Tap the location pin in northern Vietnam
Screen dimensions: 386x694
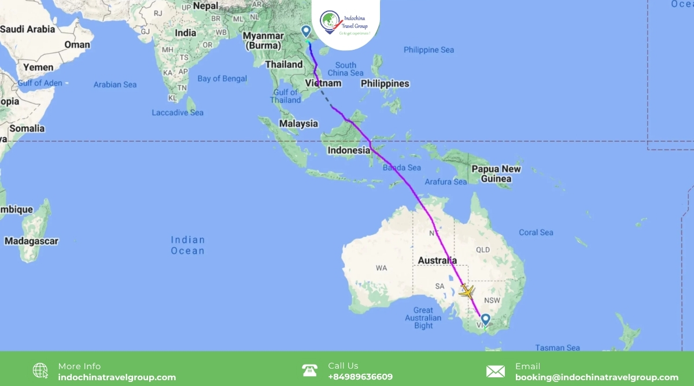[306, 31]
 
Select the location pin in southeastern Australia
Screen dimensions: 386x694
[485, 319]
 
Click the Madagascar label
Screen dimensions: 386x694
[31, 241]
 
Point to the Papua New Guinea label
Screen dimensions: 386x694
[496, 174]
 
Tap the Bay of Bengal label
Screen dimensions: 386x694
[222, 79]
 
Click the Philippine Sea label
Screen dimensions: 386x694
[429, 50]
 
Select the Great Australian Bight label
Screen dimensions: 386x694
[423, 318]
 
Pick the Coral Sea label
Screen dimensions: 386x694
[536, 233]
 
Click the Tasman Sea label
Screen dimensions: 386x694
[558, 348]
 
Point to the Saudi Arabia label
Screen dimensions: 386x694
[28, 29]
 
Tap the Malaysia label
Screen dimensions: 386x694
[298, 123]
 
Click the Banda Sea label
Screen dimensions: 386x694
[402, 168]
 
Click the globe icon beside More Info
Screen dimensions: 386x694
[40, 371]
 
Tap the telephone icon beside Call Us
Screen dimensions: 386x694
[310, 371]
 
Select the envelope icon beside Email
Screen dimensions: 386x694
[496, 371]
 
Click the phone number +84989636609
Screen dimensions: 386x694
[360, 377]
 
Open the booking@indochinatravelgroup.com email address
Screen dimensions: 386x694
[597, 377]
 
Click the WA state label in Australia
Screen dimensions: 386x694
[381, 268]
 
